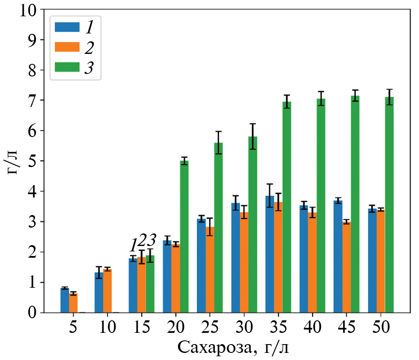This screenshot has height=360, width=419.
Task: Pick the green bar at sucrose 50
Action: click(389, 205)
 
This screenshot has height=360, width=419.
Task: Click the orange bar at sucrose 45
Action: click(346, 267)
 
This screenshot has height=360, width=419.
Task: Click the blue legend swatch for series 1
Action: click(67, 27)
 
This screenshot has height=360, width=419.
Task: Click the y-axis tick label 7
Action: click(38, 101)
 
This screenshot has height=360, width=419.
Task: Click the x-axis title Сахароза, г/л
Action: click(233, 347)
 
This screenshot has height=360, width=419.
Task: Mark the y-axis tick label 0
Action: click(38, 313)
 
